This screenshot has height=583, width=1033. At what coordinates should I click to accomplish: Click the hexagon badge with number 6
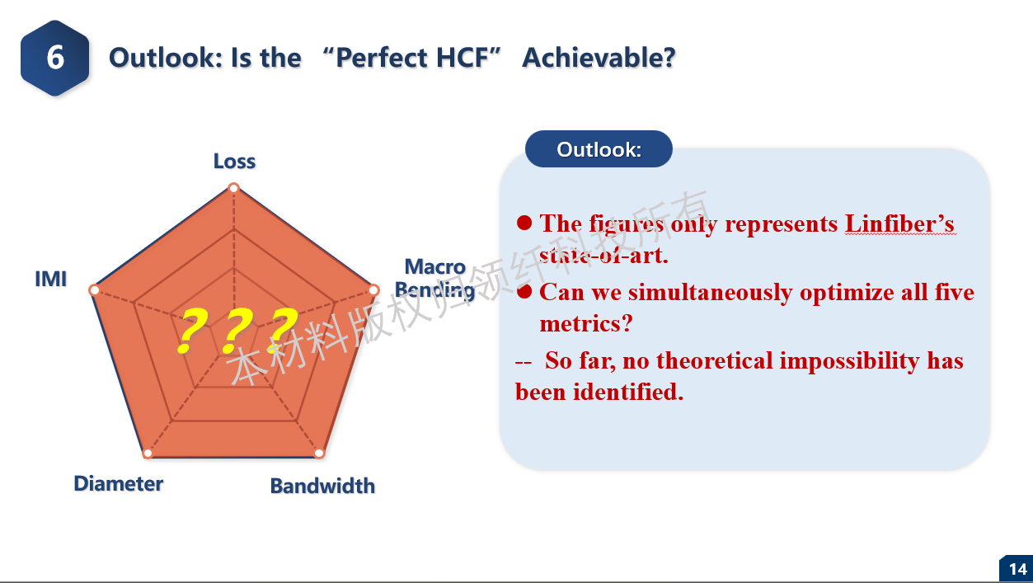click(55, 58)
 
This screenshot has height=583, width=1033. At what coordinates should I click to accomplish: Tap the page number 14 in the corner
click(1017, 569)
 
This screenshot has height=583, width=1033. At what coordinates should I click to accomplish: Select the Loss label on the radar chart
click(234, 161)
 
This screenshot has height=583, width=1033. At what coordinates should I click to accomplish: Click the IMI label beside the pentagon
click(51, 279)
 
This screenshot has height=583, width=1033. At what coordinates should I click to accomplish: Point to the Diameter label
click(119, 483)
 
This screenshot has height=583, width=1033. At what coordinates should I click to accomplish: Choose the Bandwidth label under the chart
click(322, 486)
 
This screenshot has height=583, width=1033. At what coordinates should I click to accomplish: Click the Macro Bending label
click(434, 279)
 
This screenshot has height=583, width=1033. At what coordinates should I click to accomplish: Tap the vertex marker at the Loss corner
click(234, 188)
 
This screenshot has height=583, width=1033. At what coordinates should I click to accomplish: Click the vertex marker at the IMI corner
click(94, 290)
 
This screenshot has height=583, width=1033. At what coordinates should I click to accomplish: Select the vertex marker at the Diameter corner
click(148, 454)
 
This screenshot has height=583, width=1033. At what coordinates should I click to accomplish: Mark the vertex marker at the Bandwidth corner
click(319, 454)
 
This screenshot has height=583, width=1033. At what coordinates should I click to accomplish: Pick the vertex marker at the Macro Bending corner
click(374, 290)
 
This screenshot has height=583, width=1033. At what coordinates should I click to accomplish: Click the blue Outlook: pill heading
click(599, 149)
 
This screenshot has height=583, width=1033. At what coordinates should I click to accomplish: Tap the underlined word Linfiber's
click(899, 223)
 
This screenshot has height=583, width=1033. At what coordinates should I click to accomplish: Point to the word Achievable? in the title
click(599, 58)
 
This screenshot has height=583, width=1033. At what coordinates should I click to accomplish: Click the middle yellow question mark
click(237, 331)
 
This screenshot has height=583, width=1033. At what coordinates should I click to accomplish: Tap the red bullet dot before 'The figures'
click(524, 223)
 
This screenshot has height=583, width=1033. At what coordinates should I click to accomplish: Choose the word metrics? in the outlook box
click(585, 323)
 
